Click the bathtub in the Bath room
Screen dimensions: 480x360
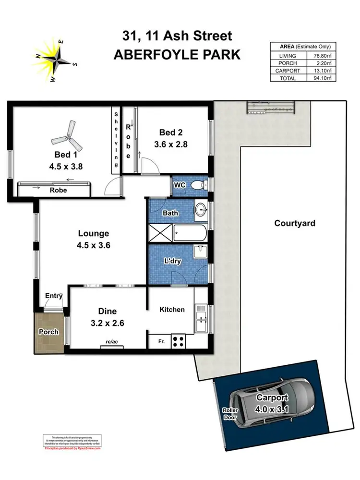point(190,234)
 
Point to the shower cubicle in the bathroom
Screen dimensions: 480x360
point(160,234)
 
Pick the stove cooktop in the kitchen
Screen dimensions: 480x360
point(179,342)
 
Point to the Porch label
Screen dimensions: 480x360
point(48,332)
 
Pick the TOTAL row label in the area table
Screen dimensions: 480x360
point(288,78)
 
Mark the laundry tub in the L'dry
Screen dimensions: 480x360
point(200,252)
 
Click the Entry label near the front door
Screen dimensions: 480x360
point(54,296)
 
